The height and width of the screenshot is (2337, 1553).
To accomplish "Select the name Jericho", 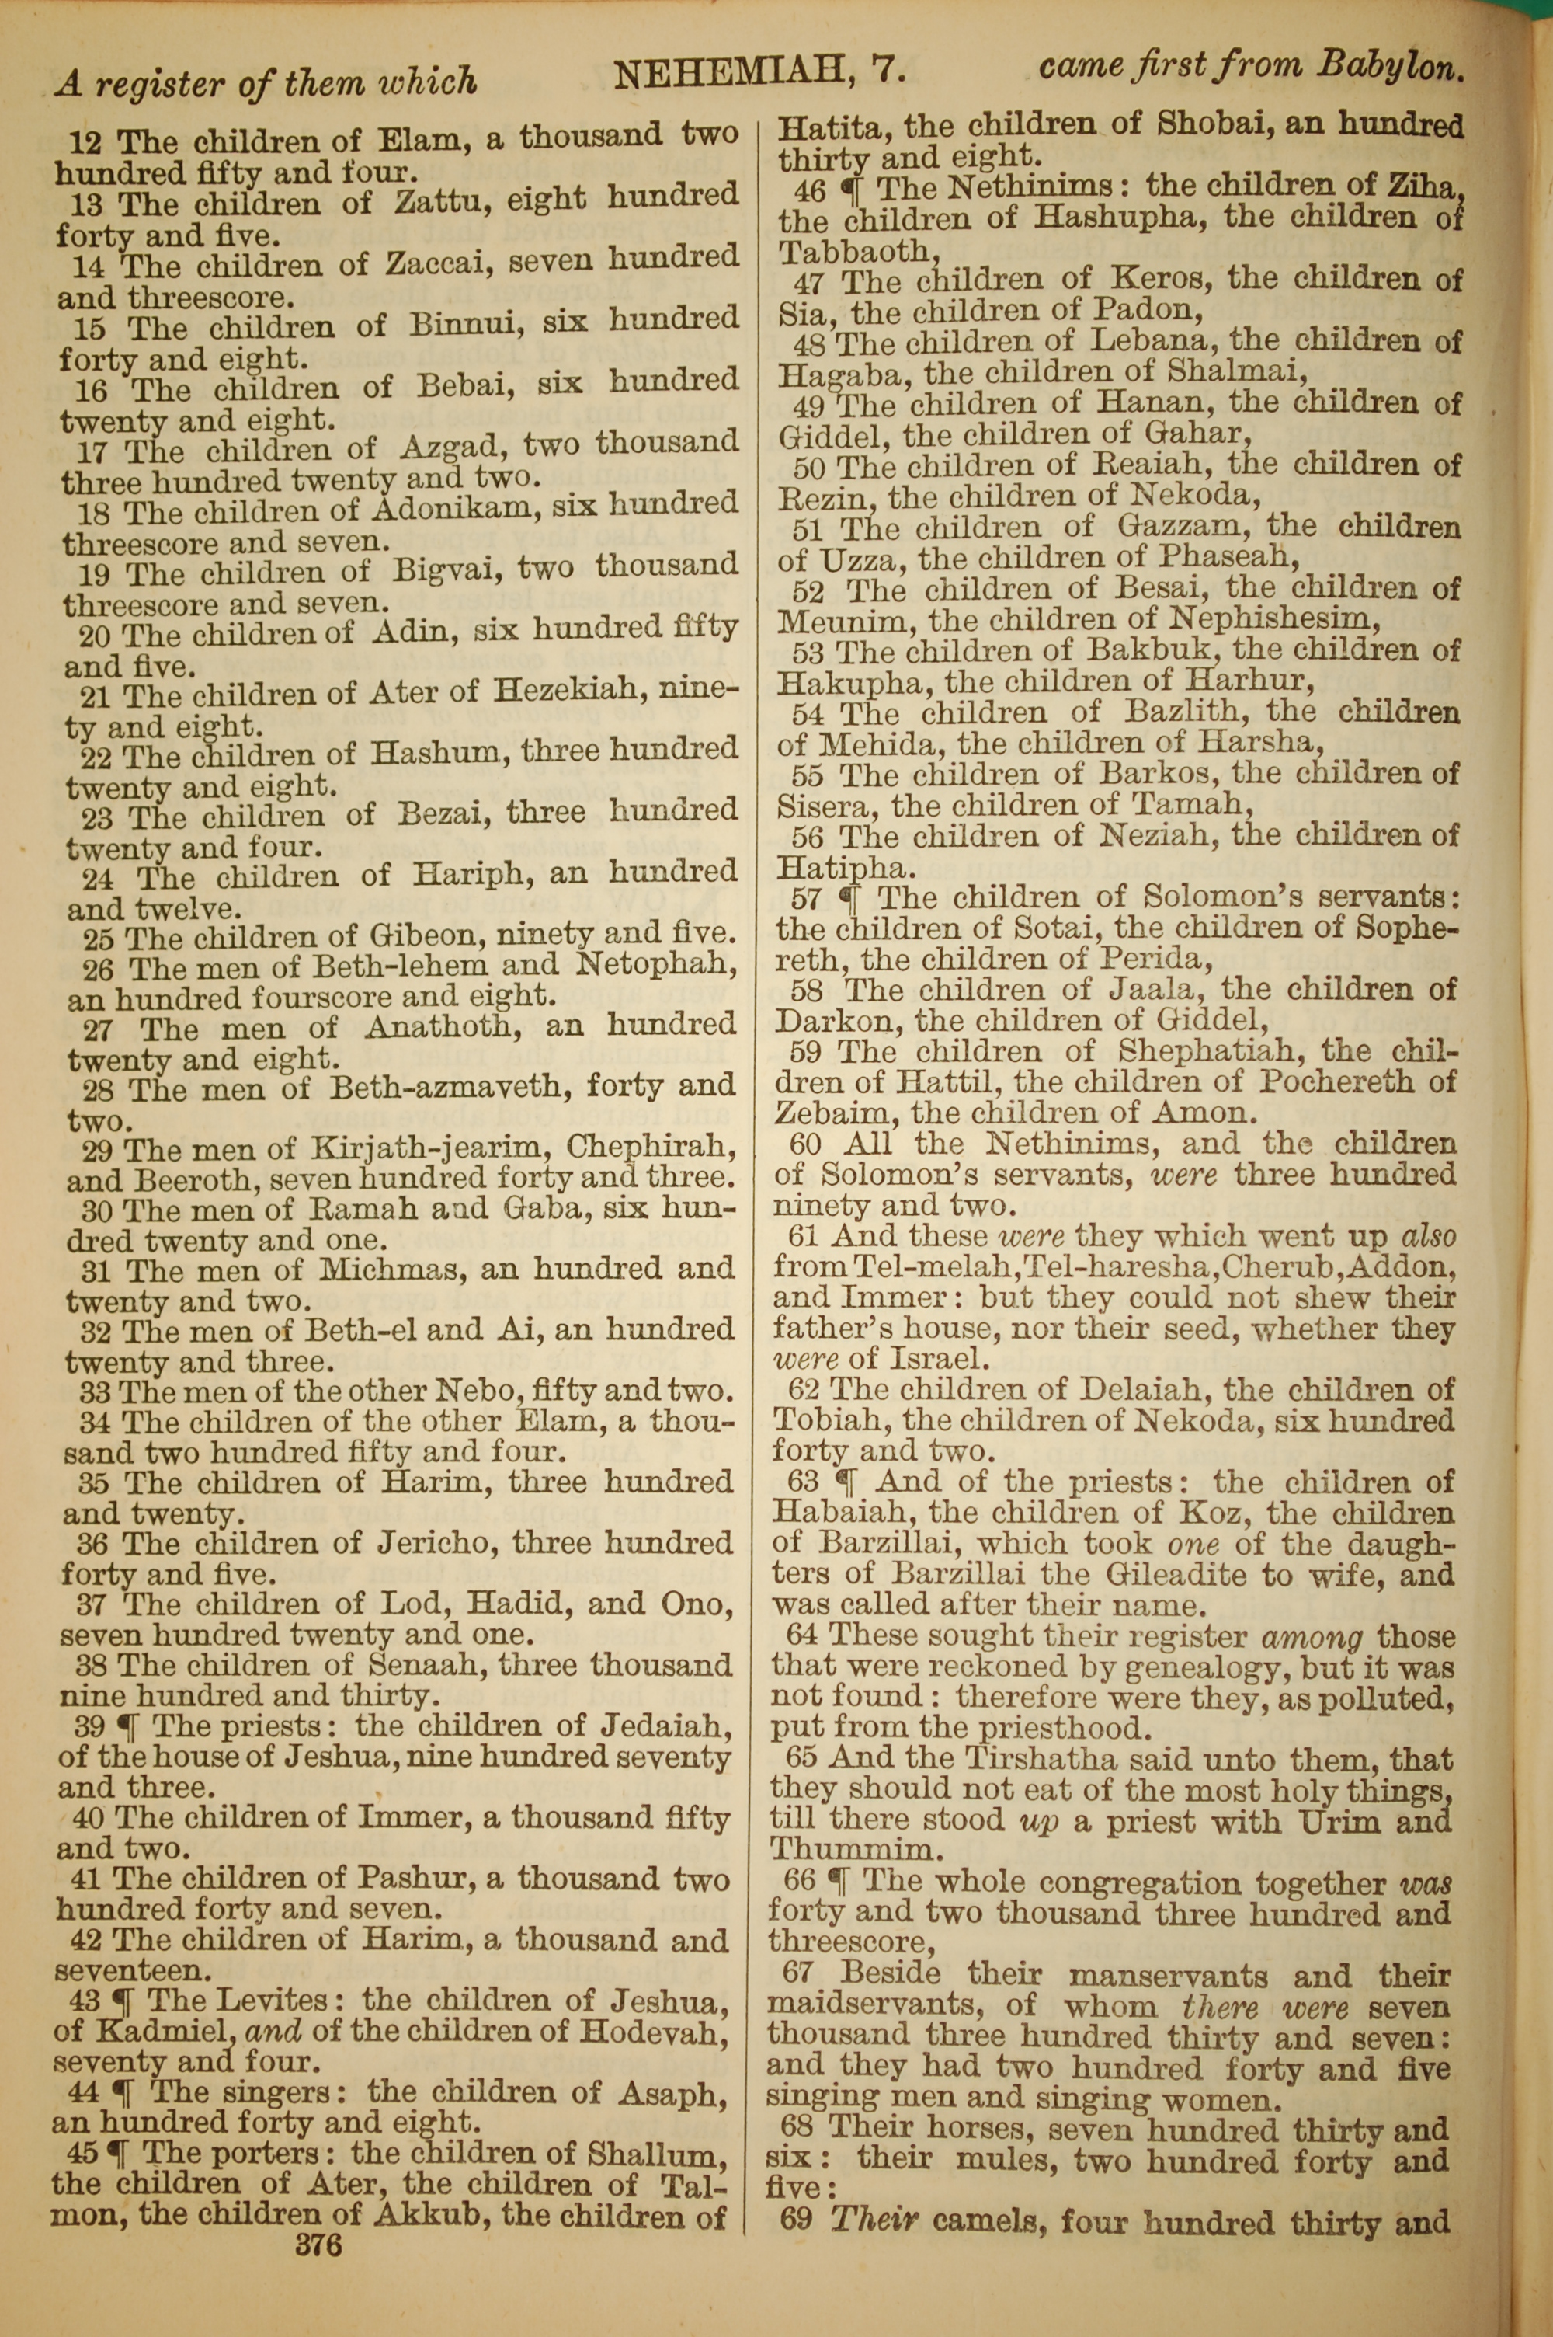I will pos(433,1544).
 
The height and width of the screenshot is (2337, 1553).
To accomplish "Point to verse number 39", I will pos(90,1727).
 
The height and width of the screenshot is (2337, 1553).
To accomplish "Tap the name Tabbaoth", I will pos(853,252).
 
